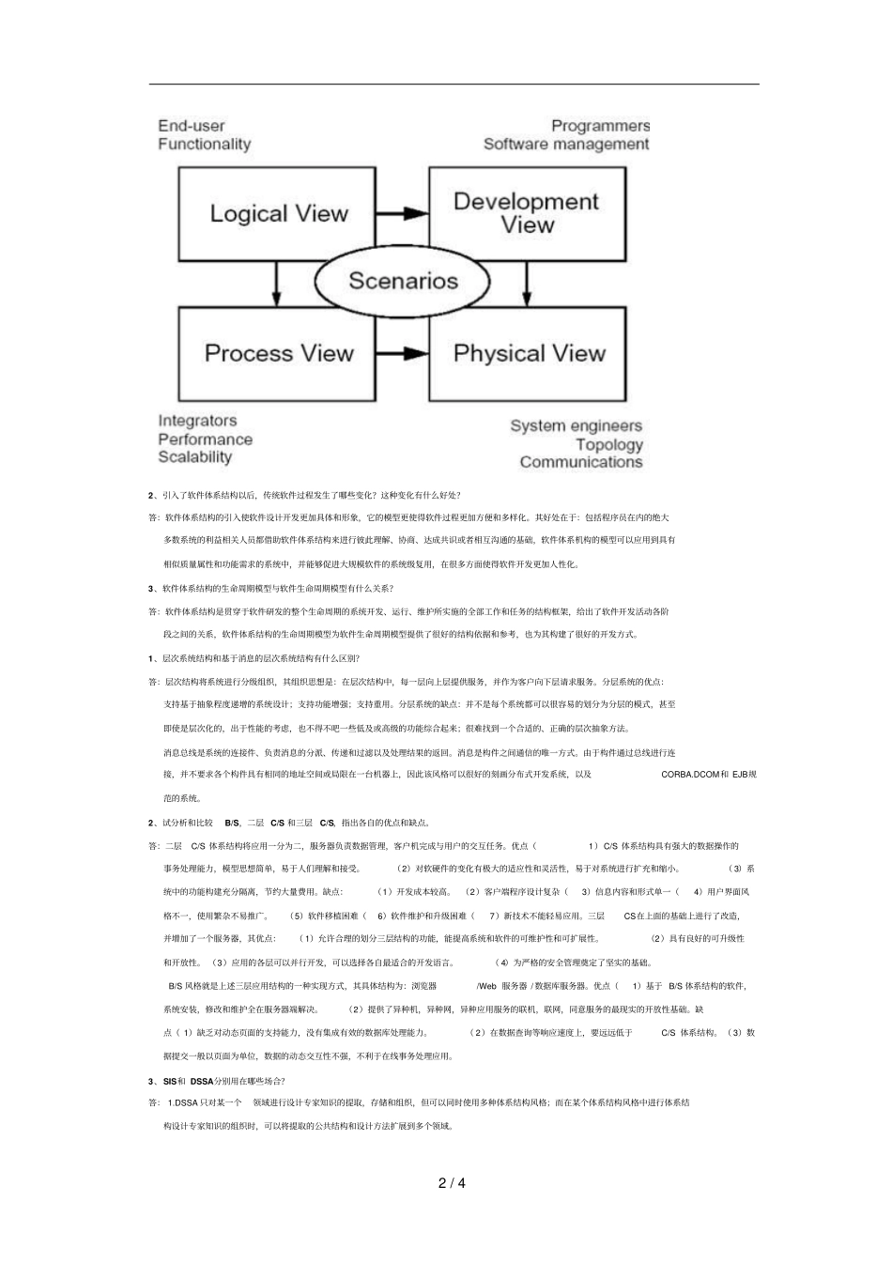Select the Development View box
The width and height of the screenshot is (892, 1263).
(526, 214)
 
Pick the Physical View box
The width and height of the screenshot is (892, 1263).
(528, 354)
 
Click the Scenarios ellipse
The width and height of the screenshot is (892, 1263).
(403, 281)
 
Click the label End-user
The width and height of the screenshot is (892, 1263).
(192, 126)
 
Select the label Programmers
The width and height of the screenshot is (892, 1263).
(600, 126)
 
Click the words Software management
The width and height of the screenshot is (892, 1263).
(566, 144)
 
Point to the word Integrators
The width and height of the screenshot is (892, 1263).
(197, 421)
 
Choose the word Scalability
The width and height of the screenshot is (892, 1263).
(194, 457)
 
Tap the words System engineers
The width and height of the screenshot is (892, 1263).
(576, 426)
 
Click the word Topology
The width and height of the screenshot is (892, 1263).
(608, 444)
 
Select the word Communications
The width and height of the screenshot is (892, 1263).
(580, 462)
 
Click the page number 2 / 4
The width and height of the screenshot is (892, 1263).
(452, 1182)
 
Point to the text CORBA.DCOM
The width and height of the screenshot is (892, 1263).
(689, 775)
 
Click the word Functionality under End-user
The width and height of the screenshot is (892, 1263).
(204, 144)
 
